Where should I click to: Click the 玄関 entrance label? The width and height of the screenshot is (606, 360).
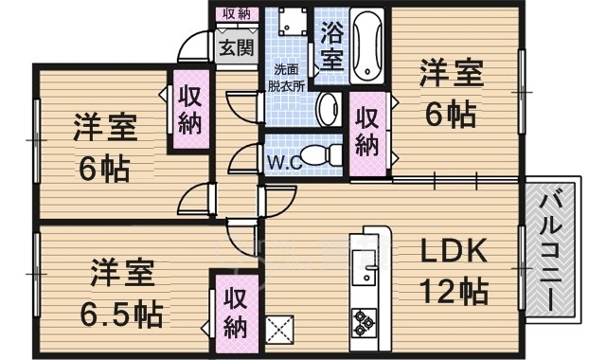click(x=237, y=48)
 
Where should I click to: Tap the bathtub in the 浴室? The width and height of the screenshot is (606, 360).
click(x=367, y=45)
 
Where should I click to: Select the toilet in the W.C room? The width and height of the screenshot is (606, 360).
click(x=320, y=154)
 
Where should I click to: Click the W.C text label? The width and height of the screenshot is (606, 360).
click(x=284, y=163)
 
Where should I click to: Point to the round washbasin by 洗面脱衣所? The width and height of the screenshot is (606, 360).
click(x=328, y=110)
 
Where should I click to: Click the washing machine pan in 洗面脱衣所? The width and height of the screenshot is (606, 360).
click(x=293, y=21)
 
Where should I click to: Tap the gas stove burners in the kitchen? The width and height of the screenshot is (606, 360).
click(x=364, y=322)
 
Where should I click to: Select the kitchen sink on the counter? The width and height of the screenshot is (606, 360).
click(x=364, y=268)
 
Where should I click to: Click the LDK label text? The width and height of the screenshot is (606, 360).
click(x=453, y=251)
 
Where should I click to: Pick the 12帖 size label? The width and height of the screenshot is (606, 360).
click(x=454, y=291)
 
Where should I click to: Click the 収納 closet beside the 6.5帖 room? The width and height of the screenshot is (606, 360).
click(x=237, y=314)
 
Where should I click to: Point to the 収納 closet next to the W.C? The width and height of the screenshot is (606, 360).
click(x=367, y=133)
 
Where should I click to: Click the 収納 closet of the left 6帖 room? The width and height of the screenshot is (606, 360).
click(x=191, y=110)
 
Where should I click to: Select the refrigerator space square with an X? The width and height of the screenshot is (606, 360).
click(x=280, y=329)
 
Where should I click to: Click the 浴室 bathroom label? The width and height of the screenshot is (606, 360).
click(x=331, y=45)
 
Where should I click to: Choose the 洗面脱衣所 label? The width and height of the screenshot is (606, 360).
click(x=286, y=78)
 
